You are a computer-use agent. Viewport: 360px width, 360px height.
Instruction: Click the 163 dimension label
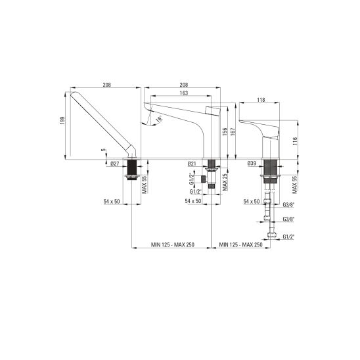click(184, 93)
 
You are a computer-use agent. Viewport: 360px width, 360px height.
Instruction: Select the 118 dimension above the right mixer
click(261, 100)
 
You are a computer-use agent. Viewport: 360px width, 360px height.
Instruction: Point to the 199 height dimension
click(62, 121)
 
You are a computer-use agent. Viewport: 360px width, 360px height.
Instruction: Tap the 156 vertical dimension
click(225, 132)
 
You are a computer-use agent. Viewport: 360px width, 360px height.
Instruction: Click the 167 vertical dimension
click(233, 132)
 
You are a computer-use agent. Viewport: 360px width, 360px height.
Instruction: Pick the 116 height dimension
click(295, 141)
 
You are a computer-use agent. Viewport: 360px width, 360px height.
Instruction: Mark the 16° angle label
click(159, 119)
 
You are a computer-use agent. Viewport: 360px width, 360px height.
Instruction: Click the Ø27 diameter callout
click(115, 164)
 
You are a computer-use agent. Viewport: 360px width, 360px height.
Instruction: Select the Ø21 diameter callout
click(192, 164)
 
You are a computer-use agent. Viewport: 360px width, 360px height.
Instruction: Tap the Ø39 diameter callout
click(252, 164)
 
